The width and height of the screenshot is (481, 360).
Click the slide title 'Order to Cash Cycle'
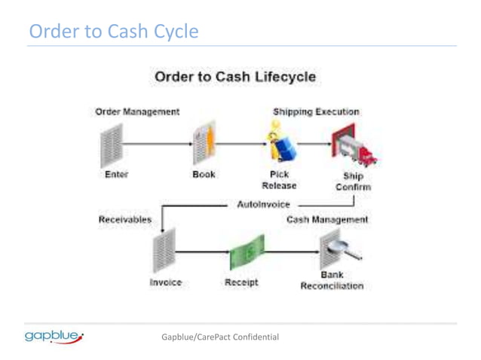click(114, 32)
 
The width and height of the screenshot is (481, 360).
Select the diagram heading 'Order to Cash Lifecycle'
click(234, 78)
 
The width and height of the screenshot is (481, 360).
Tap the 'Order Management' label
click(137, 111)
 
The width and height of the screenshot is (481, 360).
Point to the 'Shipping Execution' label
click(316, 111)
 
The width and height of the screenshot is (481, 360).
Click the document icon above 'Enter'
click(111, 145)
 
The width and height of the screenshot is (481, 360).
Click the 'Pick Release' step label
click(279, 179)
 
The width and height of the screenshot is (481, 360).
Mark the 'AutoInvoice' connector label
click(263, 203)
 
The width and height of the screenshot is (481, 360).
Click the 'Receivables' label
click(124, 220)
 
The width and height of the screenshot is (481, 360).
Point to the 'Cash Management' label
click(327, 220)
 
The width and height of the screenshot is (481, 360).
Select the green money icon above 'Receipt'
click(247, 255)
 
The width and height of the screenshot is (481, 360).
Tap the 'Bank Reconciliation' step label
click(332, 280)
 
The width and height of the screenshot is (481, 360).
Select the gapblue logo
click(54, 336)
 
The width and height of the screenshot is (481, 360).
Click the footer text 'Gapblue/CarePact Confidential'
click(220, 336)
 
